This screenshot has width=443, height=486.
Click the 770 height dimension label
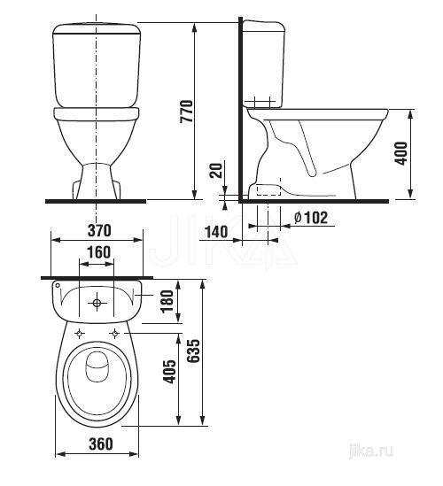186,112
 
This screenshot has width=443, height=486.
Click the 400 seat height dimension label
400,153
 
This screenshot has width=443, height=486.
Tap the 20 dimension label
216,170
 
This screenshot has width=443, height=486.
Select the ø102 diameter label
310,218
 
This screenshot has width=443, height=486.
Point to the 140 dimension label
217,232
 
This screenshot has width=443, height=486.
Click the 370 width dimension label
99,230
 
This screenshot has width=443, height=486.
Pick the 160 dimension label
98,252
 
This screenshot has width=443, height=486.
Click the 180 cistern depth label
167,301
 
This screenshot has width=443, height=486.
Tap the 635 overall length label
194,351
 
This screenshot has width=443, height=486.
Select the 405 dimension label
169,372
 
